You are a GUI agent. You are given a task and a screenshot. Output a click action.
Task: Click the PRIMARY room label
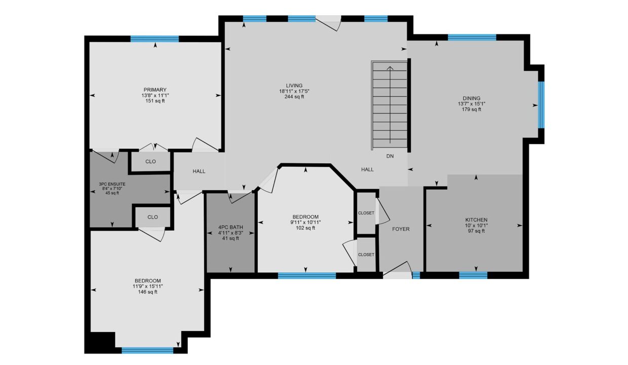[155, 90]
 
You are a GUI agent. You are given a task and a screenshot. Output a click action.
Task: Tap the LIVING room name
[294, 86]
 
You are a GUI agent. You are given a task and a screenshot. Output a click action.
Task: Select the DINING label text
[472, 98]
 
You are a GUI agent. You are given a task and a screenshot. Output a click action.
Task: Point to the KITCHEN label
[477, 220]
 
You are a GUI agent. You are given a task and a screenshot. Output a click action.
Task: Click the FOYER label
[401, 229]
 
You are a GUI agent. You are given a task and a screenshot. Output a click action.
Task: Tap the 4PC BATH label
[230, 227]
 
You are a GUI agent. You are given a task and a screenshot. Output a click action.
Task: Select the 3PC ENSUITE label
[112, 185]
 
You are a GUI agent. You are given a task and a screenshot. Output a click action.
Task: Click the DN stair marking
[390, 156]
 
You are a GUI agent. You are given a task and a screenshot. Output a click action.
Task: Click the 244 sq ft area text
[294, 97]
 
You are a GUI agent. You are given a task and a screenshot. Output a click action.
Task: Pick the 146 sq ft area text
[148, 292]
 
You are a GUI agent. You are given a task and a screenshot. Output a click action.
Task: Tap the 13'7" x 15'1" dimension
[472, 104]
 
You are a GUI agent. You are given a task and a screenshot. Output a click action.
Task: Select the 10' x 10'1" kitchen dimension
[477, 226]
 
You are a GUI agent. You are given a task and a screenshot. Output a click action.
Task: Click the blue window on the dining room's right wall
[541, 104]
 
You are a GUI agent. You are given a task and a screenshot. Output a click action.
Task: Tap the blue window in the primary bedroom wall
[155, 39]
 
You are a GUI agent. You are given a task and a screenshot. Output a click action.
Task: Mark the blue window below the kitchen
[473, 275]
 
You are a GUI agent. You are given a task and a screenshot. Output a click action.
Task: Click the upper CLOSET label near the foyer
[366, 213]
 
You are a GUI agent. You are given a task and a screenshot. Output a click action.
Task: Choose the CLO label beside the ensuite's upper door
[150, 162]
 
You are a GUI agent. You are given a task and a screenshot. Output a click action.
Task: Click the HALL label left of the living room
[199, 171]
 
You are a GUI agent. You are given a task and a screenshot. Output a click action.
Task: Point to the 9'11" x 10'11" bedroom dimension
[305, 223]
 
